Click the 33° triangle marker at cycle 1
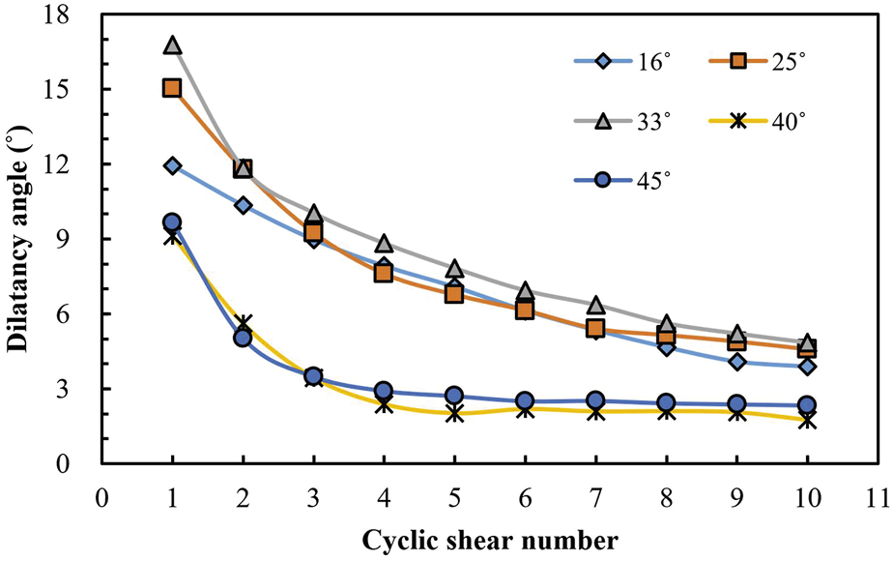[x=172, y=45]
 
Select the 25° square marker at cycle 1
[x=172, y=88]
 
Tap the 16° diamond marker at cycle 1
[x=172, y=165]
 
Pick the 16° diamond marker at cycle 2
[x=243, y=205]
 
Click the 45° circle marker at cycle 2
[x=243, y=338]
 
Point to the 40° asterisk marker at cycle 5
[x=454, y=413]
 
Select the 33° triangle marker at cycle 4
[x=384, y=244]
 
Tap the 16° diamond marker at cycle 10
[x=807, y=366]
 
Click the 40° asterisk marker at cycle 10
[x=807, y=421]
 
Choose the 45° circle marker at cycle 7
[x=595, y=400]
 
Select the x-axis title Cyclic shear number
[x=491, y=540]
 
